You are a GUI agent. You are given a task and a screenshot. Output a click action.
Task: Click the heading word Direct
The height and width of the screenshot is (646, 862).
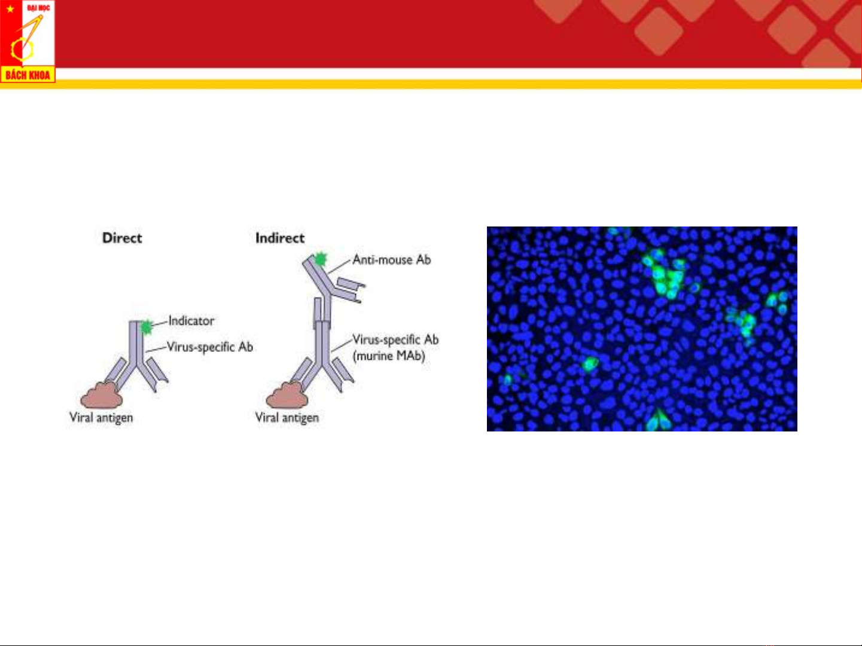tap(122, 238)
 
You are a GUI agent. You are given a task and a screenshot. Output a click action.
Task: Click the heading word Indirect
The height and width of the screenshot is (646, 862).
tap(280, 238)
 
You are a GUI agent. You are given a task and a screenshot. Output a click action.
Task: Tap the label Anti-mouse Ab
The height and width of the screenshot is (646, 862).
tap(392, 260)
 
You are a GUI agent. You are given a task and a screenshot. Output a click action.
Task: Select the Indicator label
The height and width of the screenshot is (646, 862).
tap(191, 321)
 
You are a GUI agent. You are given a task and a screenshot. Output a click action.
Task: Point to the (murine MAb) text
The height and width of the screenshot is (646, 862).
tap(389, 356)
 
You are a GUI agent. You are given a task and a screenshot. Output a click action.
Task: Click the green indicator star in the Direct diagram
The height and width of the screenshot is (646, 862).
tap(147, 327)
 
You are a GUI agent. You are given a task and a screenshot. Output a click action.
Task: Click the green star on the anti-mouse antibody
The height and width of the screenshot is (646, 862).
tap(321, 259)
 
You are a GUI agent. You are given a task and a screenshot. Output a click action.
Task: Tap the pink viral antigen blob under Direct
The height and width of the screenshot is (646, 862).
tap(101, 395)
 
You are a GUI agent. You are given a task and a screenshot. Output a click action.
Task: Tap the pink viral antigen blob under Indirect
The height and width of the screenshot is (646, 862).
tap(287, 395)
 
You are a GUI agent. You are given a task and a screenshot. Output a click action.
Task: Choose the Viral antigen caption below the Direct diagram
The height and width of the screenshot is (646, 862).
tap(101, 418)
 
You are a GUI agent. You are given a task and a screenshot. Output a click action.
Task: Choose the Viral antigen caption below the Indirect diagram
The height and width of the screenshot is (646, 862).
tap(287, 418)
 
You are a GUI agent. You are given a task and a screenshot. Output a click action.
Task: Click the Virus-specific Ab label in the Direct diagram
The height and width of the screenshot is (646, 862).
tap(210, 347)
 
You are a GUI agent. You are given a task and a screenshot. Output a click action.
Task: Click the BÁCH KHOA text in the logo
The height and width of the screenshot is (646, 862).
tap(28, 75)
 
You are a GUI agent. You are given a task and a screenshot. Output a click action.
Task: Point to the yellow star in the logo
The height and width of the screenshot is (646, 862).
tap(11, 8)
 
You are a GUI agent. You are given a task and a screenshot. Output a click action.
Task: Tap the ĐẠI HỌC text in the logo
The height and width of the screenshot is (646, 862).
tap(38, 7)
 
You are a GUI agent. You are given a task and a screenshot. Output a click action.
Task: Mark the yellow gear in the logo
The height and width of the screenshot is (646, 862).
tap(22, 50)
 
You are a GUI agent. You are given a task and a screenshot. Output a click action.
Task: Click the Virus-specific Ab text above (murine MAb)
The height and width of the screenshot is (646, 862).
tap(395, 339)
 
